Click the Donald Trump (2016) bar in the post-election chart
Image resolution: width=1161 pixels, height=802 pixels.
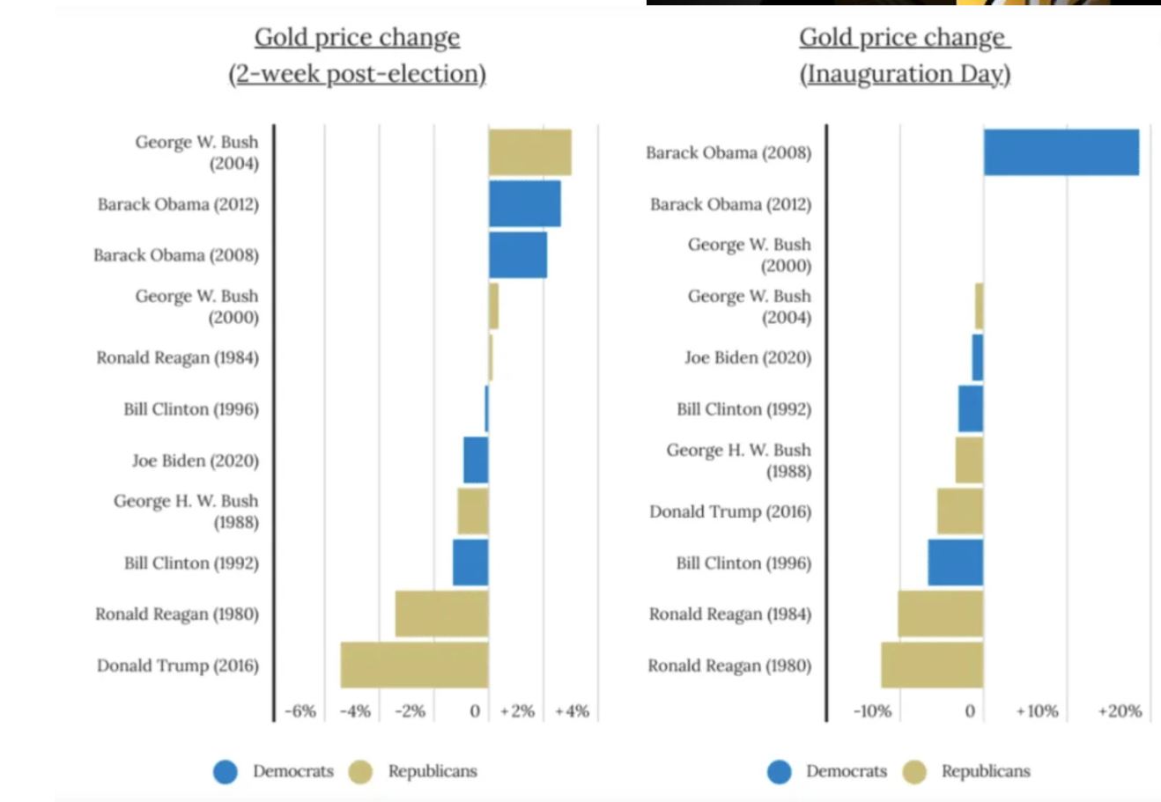pyautogui.click(x=414, y=665)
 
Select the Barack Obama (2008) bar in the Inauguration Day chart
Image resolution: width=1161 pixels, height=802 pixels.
pyautogui.click(x=1061, y=152)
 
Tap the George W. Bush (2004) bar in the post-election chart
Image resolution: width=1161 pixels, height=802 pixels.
pyautogui.click(x=529, y=152)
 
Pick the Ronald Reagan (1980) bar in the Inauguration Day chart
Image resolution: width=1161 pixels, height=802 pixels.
pyautogui.click(x=932, y=665)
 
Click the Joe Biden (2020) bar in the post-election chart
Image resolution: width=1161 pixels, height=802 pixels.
pyautogui.click(x=476, y=460)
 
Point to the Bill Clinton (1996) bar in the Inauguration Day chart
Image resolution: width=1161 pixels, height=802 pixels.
pyautogui.click(x=955, y=563)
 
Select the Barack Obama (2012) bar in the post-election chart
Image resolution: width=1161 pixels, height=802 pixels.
pyautogui.click(x=524, y=203)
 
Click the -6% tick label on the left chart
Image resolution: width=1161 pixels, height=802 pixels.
pyautogui.click(x=300, y=711)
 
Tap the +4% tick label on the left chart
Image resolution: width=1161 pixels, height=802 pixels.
pyautogui.click(x=572, y=711)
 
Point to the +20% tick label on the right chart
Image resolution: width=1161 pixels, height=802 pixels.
pyautogui.click(x=1119, y=711)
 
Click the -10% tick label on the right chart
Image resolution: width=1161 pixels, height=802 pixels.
pyautogui.click(x=872, y=711)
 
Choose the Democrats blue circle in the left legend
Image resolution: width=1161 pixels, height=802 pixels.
pyautogui.click(x=226, y=772)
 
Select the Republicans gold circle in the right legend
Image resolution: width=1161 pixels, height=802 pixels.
pyautogui.click(x=915, y=772)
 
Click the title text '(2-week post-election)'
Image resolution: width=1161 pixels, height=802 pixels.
pyautogui.click(x=357, y=74)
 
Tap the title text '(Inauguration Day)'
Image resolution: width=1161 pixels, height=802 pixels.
pyautogui.click(x=905, y=74)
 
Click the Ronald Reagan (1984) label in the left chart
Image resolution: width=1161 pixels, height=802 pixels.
pyautogui.click(x=178, y=357)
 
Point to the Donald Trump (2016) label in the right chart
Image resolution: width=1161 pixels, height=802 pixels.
pyautogui.click(x=730, y=511)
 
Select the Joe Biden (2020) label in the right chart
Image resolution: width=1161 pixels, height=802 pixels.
pyautogui.click(x=748, y=357)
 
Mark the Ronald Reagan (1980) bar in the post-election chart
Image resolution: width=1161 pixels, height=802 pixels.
pyautogui.click(x=441, y=614)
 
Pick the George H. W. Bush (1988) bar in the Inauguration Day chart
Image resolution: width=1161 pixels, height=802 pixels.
pyautogui.click(x=969, y=460)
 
